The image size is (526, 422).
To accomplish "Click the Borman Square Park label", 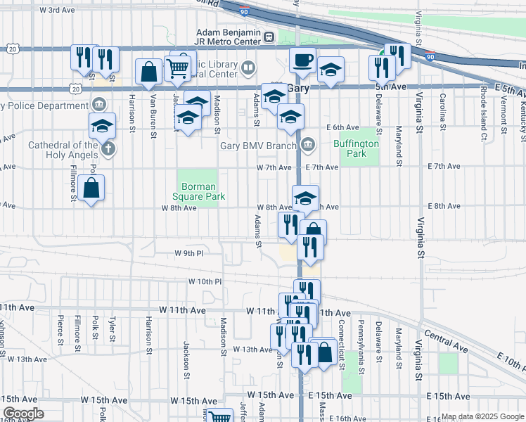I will pyautogui.click(x=203, y=191).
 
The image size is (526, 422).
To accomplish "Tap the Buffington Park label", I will pyautogui.click(x=356, y=148).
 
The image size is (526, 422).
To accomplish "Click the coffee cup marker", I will pyautogui.click(x=303, y=60).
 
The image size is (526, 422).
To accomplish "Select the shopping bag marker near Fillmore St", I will pyautogui.click(x=91, y=188).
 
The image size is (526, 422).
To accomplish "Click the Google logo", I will pyautogui.click(x=23, y=414).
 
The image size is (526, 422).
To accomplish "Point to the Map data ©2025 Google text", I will pyautogui.click(x=482, y=416).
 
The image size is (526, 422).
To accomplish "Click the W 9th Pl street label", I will pyautogui.click(x=188, y=253).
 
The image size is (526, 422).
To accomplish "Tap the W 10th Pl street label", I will pyautogui.click(x=205, y=281).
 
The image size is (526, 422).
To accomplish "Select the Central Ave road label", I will pyautogui.click(x=445, y=342).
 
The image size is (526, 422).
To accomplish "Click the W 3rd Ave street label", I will pyautogui.click(x=58, y=11).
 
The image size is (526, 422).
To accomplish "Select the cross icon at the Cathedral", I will pyautogui.click(x=108, y=149).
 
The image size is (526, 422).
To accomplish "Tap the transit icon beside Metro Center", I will pyautogui.click(x=269, y=36).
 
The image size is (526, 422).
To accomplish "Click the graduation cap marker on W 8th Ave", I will pyautogui.click(x=306, y=198).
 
